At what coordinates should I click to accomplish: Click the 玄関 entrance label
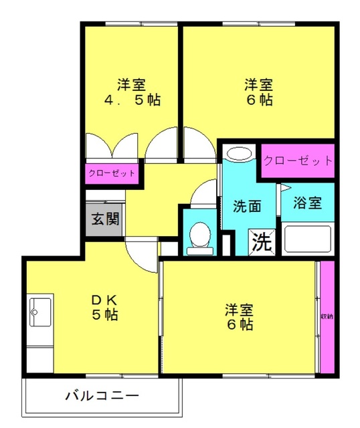(x=105, y=219)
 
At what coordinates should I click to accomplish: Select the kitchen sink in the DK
(x=40, y=312)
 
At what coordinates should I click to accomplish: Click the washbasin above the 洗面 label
(x=240, y=154)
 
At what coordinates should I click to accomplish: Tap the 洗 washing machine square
(x=262, y=242)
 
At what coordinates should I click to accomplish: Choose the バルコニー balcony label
(x=102, y=396)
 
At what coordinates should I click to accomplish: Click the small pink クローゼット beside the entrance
(x=112, y=173)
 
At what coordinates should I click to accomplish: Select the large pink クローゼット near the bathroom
(x=298, y=160)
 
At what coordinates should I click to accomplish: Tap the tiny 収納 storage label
(x=327, y=316)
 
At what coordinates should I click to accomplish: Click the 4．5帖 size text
(x=132, y=100)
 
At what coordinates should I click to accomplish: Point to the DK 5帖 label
(x=105, y=308)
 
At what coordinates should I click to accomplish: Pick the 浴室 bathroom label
(x=308, y=203)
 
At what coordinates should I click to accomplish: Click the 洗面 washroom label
(x=247, y=207)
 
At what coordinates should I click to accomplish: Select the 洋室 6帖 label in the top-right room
(x=259, y=92)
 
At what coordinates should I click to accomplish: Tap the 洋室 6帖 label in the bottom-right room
(x=240, y=317)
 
